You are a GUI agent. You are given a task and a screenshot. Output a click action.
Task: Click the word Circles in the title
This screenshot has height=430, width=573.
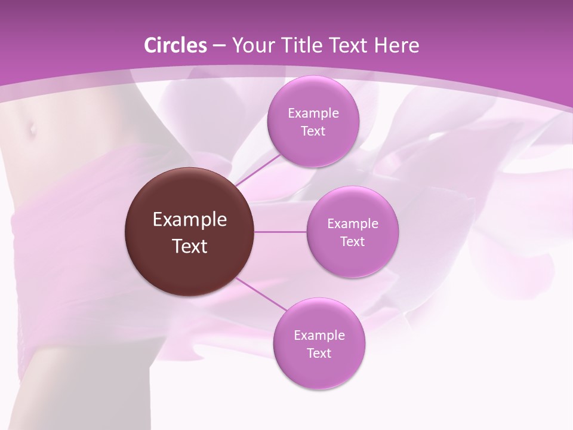pyautogui.click(x=175, y=45)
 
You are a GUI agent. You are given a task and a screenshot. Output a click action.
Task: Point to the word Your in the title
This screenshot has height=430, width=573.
pyautogui.click(x=250, y=45)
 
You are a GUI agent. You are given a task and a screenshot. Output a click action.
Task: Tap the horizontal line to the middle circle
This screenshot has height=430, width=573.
pyautogui.click(x=281, y=232)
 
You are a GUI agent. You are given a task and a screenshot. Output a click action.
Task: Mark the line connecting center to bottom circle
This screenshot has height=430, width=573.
pyautogui.click(x=260, y=294)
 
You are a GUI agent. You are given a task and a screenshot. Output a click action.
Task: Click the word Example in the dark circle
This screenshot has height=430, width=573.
pyautogui.click(x=190, y=220)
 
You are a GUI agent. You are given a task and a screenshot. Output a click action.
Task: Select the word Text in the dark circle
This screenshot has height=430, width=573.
pyautogui.click(x=190, y=246)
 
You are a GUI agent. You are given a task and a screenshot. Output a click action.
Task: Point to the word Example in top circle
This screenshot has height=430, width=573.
pyautogui.click(x=313, y=113)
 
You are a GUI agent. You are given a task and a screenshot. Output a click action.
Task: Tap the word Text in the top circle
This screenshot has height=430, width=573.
pyautogui.click(x=313, y=131)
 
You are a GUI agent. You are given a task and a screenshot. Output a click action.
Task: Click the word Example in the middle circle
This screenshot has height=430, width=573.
pyautogui.click(x=352, y=224)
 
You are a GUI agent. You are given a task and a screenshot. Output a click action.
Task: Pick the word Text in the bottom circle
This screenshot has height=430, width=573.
pyautogui.click(x=319, y=353)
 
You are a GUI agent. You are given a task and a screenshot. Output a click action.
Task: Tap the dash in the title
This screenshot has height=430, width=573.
pyautogui.click(x=218, y=46)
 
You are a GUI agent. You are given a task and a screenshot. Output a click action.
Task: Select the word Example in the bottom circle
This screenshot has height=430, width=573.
pyautogui.click(x=319, y=335)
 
